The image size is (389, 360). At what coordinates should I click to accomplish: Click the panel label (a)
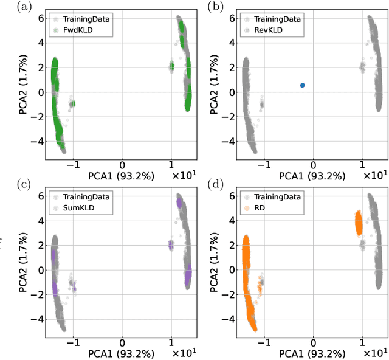tap(9, 7)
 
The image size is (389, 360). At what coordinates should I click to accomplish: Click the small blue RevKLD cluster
tap(302, 85)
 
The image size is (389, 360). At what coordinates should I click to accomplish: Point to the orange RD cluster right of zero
tap(358, 223)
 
